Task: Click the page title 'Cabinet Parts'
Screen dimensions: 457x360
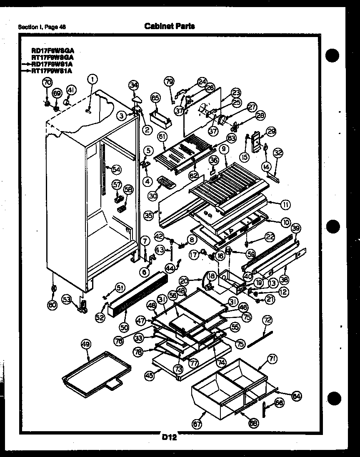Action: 169,26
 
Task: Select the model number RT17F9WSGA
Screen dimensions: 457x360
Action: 52,57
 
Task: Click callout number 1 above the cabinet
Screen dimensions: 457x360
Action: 92,79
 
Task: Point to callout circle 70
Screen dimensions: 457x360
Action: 47,82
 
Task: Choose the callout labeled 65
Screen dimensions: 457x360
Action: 155,98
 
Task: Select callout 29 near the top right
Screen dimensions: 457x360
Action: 271,132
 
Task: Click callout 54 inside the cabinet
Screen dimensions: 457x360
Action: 116,169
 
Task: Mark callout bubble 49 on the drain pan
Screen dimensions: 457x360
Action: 85,344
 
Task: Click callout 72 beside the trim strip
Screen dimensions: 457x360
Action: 267,320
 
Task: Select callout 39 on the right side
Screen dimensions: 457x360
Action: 295,228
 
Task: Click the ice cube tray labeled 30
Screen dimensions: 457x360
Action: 166,183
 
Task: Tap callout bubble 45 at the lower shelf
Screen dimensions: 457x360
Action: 148,375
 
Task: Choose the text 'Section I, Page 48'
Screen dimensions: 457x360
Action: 42,27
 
